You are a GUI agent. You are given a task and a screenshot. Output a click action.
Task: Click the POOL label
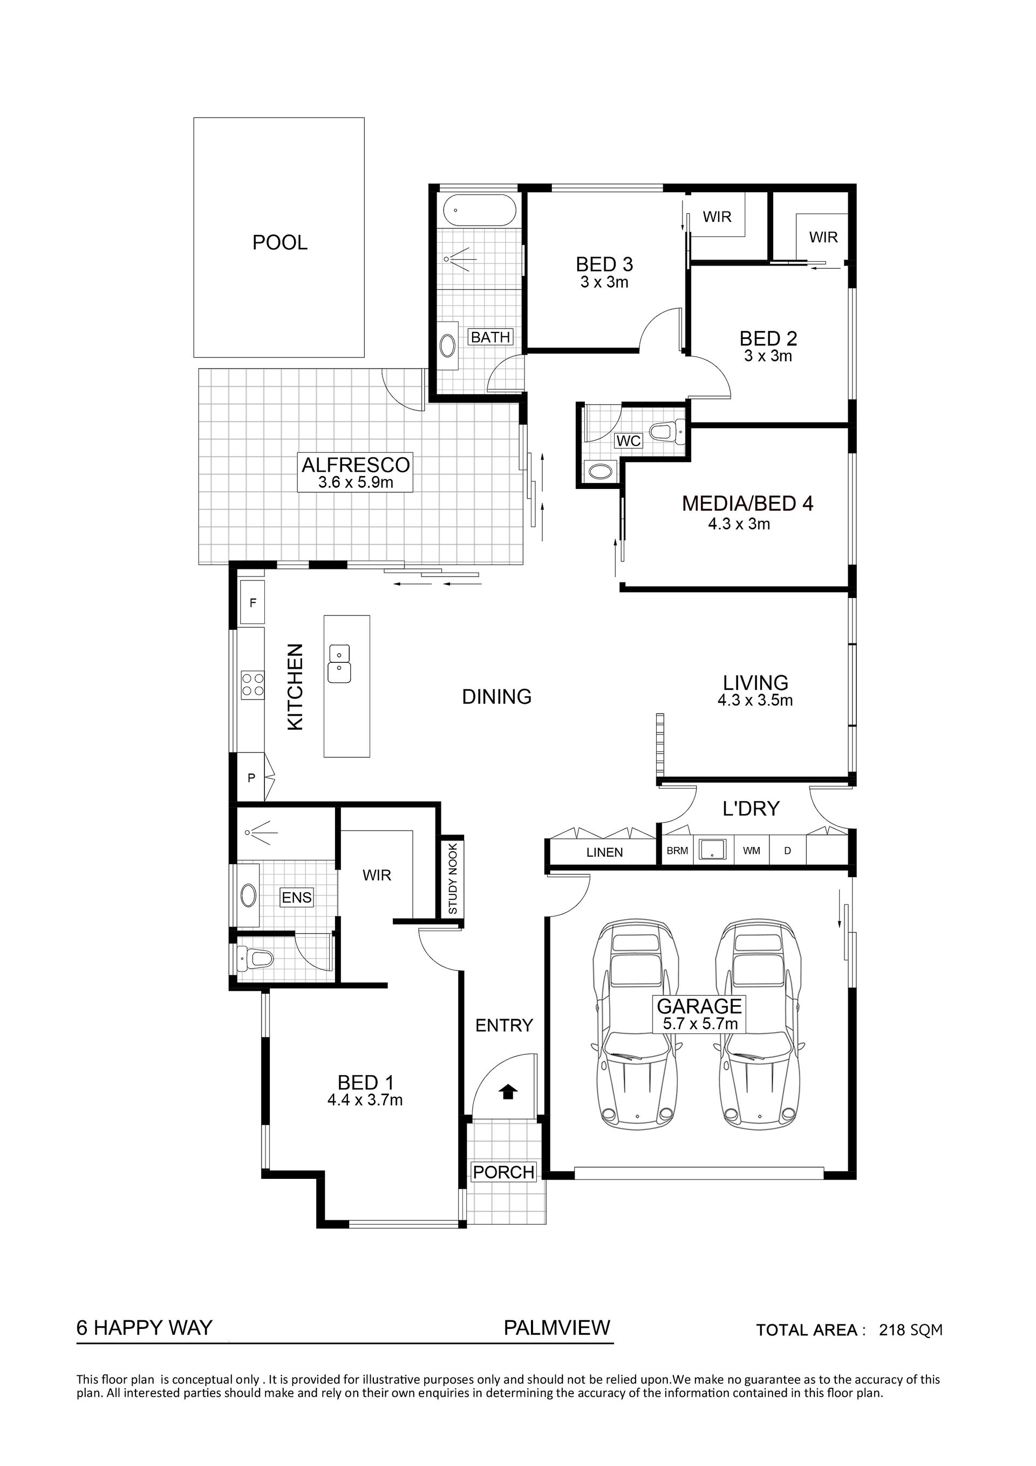280,243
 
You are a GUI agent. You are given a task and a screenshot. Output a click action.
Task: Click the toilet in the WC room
666,432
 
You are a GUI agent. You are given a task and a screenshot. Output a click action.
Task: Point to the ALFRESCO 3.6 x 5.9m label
356,472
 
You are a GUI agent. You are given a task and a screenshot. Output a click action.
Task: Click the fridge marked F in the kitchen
252,602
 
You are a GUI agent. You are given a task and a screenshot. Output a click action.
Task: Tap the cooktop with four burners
252,684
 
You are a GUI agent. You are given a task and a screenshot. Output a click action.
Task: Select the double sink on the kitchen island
339,663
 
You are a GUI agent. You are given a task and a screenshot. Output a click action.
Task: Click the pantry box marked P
251,778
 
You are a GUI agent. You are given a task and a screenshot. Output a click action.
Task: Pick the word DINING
496,697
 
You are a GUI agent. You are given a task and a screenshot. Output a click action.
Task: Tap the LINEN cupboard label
604,852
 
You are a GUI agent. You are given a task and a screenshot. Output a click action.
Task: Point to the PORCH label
503,1172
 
